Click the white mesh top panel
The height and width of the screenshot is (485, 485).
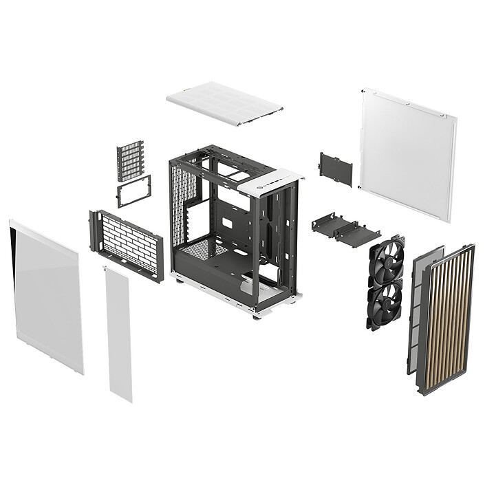[224, 103]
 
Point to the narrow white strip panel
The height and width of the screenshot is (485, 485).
[118, 334]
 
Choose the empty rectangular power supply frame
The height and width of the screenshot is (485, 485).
[133, 191]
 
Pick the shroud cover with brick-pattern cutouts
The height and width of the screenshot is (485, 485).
[128, 244]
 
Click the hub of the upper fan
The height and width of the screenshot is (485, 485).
[386, 260]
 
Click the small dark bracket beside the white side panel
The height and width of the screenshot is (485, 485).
[336, 169]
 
